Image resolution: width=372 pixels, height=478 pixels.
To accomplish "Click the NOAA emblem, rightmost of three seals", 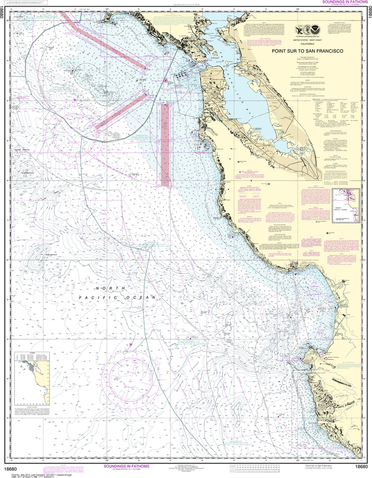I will pos(327,31).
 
